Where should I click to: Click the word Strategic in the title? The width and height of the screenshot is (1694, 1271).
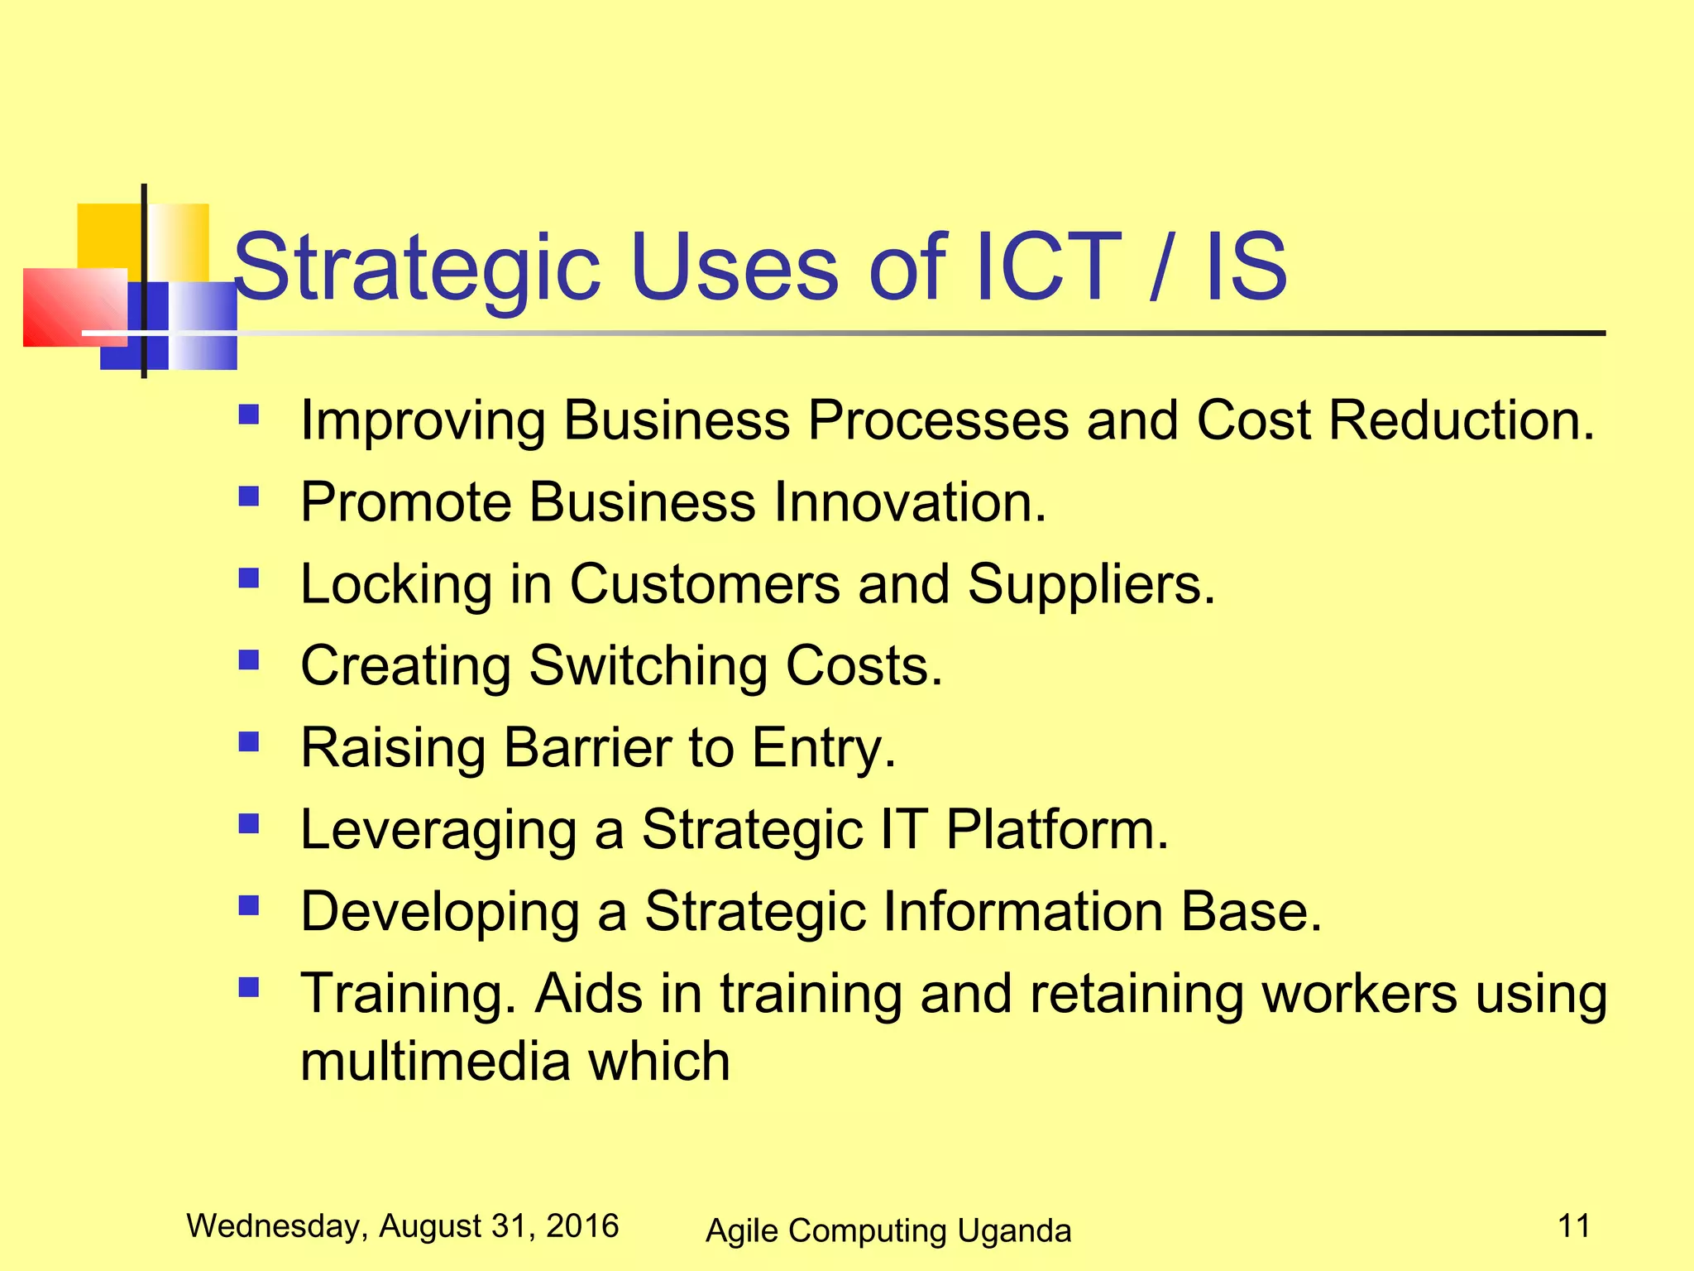(x=417, y=267)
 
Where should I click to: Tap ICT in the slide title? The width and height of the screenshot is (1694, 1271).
(x=1049, y=267)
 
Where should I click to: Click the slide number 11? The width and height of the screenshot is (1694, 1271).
(x=1574, y=1225)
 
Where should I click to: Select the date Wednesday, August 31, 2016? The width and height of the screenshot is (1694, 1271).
(x=403, y=1226)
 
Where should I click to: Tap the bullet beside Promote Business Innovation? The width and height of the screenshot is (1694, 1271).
(x=248, y=496)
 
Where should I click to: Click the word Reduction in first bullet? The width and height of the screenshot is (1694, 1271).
(x=1461, y=420)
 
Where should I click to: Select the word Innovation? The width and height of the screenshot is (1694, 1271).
(x=910, y=502)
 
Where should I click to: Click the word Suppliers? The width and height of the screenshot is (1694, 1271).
(x=1091, y=584)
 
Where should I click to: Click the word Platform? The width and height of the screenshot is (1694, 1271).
(x=1057, y=830)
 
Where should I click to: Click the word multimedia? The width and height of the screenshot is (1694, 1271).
(x=433, y=1062)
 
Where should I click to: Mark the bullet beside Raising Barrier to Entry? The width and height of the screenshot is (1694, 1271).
(x=248, y=741)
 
